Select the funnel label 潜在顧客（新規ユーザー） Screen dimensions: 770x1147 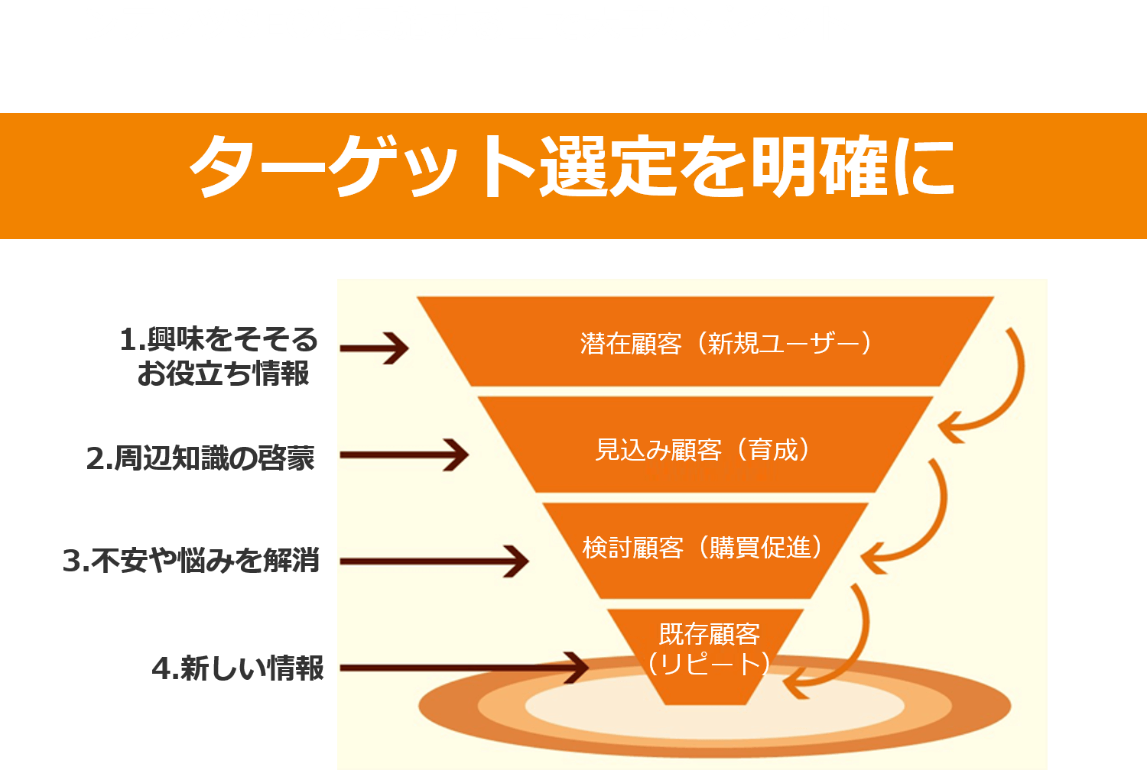(x=726, y=344)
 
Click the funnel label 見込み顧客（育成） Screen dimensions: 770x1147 (x=703, y=450)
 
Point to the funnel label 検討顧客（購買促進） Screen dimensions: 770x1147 (x=703, y=548)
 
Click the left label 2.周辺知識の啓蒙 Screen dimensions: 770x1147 (x=200, y=458)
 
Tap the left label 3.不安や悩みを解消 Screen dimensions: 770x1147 (x=191, y=561)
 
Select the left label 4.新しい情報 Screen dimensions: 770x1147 (x=238, y=668)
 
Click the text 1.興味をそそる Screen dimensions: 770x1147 (x=219, y=339)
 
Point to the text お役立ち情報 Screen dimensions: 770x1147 (x=223, y=374)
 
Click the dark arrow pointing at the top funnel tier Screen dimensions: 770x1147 (x=375, y=348)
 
